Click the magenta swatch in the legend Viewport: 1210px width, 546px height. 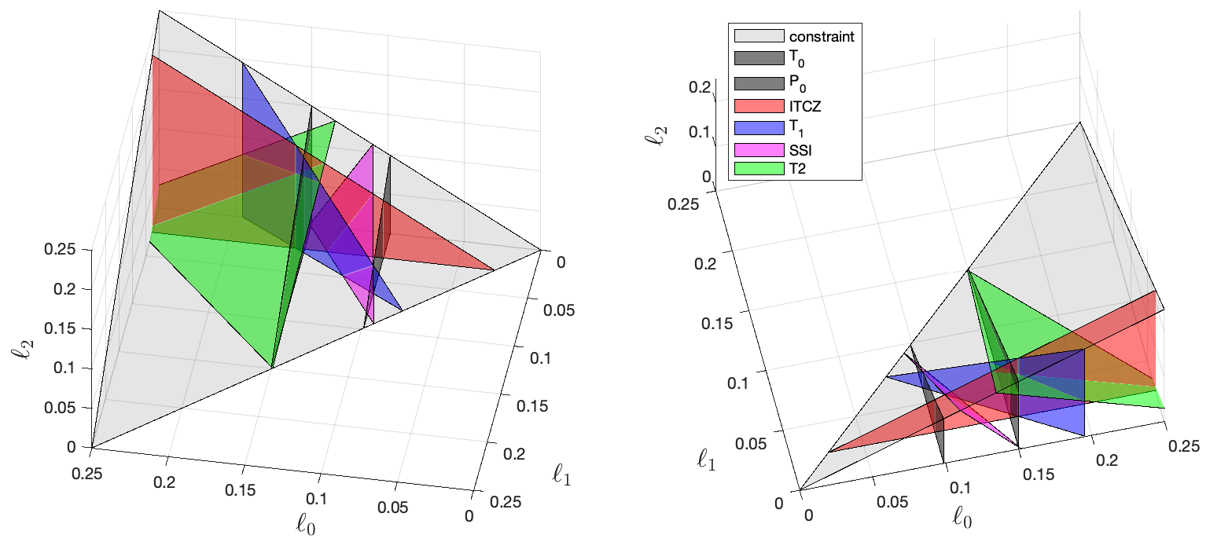coord(759,145)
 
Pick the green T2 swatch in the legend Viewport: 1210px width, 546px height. coord(759,167)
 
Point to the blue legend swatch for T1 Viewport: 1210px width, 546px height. coord(759,123)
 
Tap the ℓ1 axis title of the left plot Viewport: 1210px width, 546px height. coord(560,474)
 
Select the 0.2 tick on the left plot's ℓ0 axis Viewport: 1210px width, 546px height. coord(166,481)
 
